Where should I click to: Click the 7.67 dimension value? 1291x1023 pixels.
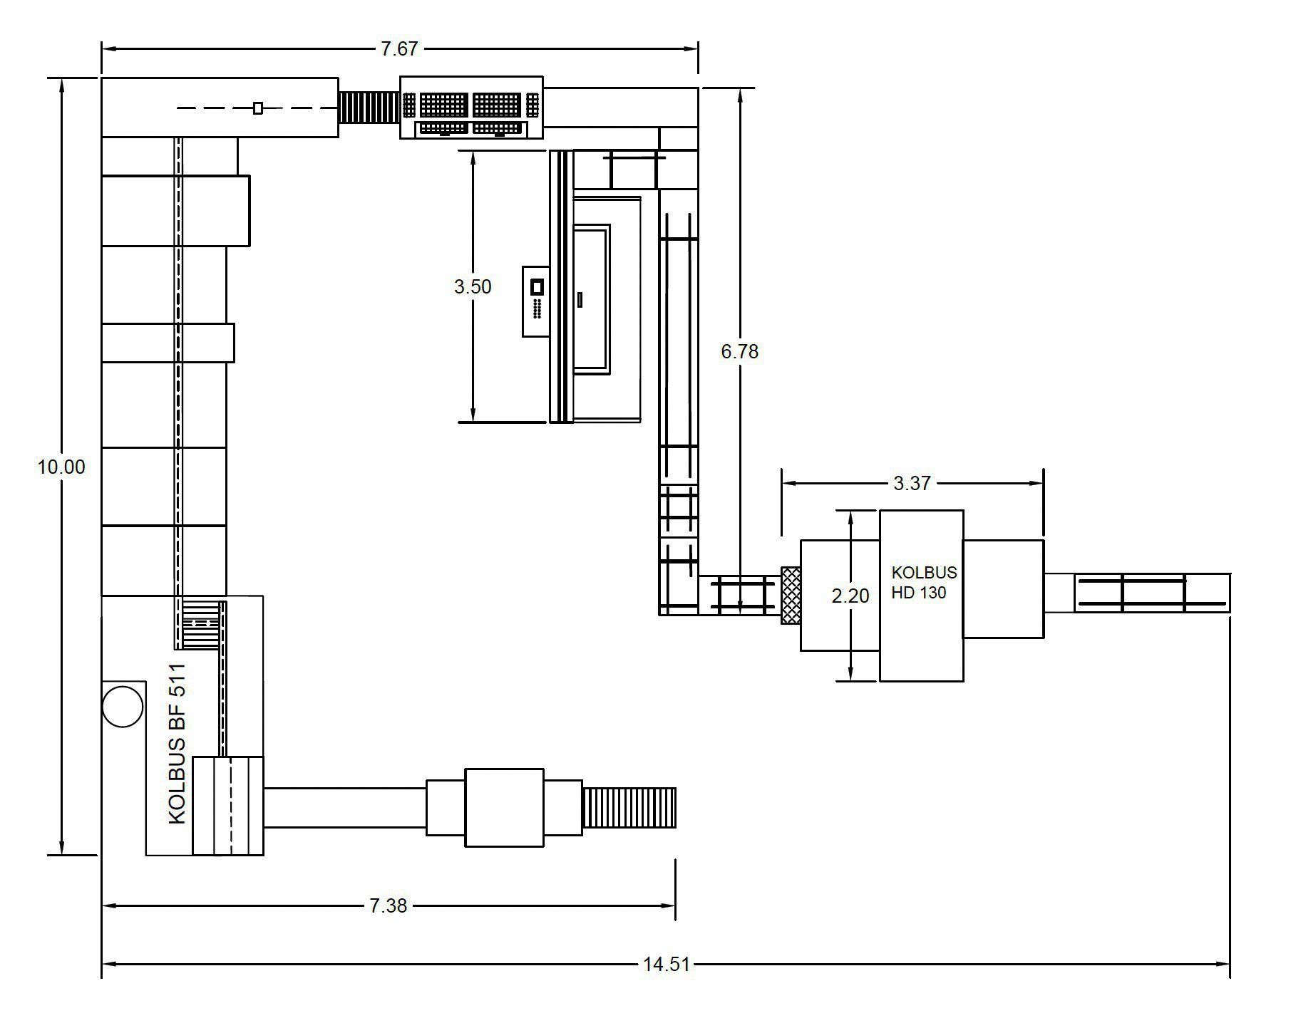click(x=398, y=49)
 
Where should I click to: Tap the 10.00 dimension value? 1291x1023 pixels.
click(x=61, y=467)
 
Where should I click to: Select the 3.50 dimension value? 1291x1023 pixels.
click(x=473, y=286)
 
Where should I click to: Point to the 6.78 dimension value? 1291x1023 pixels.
click(x=740, y=351)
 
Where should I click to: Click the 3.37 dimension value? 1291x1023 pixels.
click(x=912, y=483)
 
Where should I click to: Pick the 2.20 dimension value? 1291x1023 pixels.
click(x=850, y=596)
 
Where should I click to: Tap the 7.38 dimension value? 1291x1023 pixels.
click(x=388, y=905)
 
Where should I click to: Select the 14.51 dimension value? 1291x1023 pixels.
click(x=667, y=965)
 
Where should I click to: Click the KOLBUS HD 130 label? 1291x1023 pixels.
click(x=924, y=582)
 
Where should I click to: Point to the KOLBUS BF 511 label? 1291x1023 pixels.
click(x=178, y=744)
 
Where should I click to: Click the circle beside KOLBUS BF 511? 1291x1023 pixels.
click(x=123, y=706)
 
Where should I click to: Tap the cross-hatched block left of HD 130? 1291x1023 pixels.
click(x=791, y=596)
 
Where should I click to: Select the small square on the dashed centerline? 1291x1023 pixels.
click(x=258, y=108)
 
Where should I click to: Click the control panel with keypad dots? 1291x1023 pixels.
click(x=537, y=301)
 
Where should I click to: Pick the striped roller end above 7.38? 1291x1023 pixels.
click(x=629, y=808)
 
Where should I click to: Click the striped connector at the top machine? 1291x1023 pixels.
click(x=369, y=108)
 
